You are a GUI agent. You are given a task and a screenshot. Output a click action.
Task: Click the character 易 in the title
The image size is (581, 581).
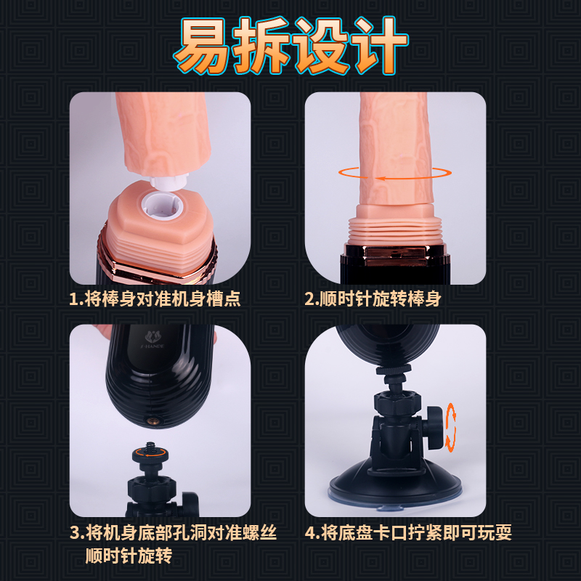(x=203, y=46)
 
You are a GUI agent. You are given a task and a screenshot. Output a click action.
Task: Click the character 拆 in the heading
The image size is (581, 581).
(x=261, y=46)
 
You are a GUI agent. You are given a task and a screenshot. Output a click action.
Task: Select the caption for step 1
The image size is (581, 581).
(x=155, y=299)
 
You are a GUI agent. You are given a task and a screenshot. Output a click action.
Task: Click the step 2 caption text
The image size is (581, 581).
(x=373, y=299)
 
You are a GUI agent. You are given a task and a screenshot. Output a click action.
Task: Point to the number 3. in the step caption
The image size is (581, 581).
(x=77, y=533)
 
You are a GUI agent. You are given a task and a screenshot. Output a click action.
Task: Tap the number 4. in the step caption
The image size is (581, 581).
(x=312, y=533)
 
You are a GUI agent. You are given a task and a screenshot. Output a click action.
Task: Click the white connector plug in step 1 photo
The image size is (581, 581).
(x=168, y=181)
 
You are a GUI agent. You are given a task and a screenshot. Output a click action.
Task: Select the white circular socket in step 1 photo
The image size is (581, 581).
(x=162, y=205)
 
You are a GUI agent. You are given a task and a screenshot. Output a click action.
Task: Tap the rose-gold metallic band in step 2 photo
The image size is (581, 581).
(x=397, y=256)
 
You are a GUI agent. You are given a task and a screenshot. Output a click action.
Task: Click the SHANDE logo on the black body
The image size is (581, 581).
(x=153, y=340)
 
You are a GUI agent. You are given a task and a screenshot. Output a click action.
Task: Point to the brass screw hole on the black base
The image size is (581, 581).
(x=151, y=420)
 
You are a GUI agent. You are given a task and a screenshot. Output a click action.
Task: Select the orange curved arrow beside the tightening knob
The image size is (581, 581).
(x=450, y=427)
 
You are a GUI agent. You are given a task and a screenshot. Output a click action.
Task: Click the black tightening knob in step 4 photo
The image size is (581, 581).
(x=434, y=427)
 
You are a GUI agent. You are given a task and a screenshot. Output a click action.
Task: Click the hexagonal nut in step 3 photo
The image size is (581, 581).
(x=151, y=487)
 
